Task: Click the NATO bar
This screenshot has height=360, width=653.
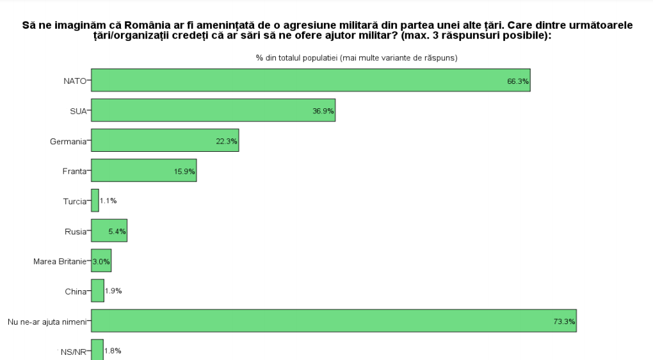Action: (310, 80)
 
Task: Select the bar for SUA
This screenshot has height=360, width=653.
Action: (213, 110)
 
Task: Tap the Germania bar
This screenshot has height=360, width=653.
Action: (165, 140)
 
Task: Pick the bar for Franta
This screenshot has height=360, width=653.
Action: (143, 170)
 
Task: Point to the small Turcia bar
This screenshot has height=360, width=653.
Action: (95, 200)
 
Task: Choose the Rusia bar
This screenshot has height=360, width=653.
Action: (109, 231)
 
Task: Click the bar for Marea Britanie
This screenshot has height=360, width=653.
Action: (101, 261)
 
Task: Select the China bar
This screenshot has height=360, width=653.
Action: (97, 291)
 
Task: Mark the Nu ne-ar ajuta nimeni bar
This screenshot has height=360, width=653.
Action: (334, 320)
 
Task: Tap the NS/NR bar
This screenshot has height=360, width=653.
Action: (97, 350)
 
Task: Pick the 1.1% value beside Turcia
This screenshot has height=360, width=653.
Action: (109, 201)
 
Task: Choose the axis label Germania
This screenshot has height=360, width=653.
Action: (68, 141)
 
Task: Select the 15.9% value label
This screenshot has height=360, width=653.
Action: (184, 172)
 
